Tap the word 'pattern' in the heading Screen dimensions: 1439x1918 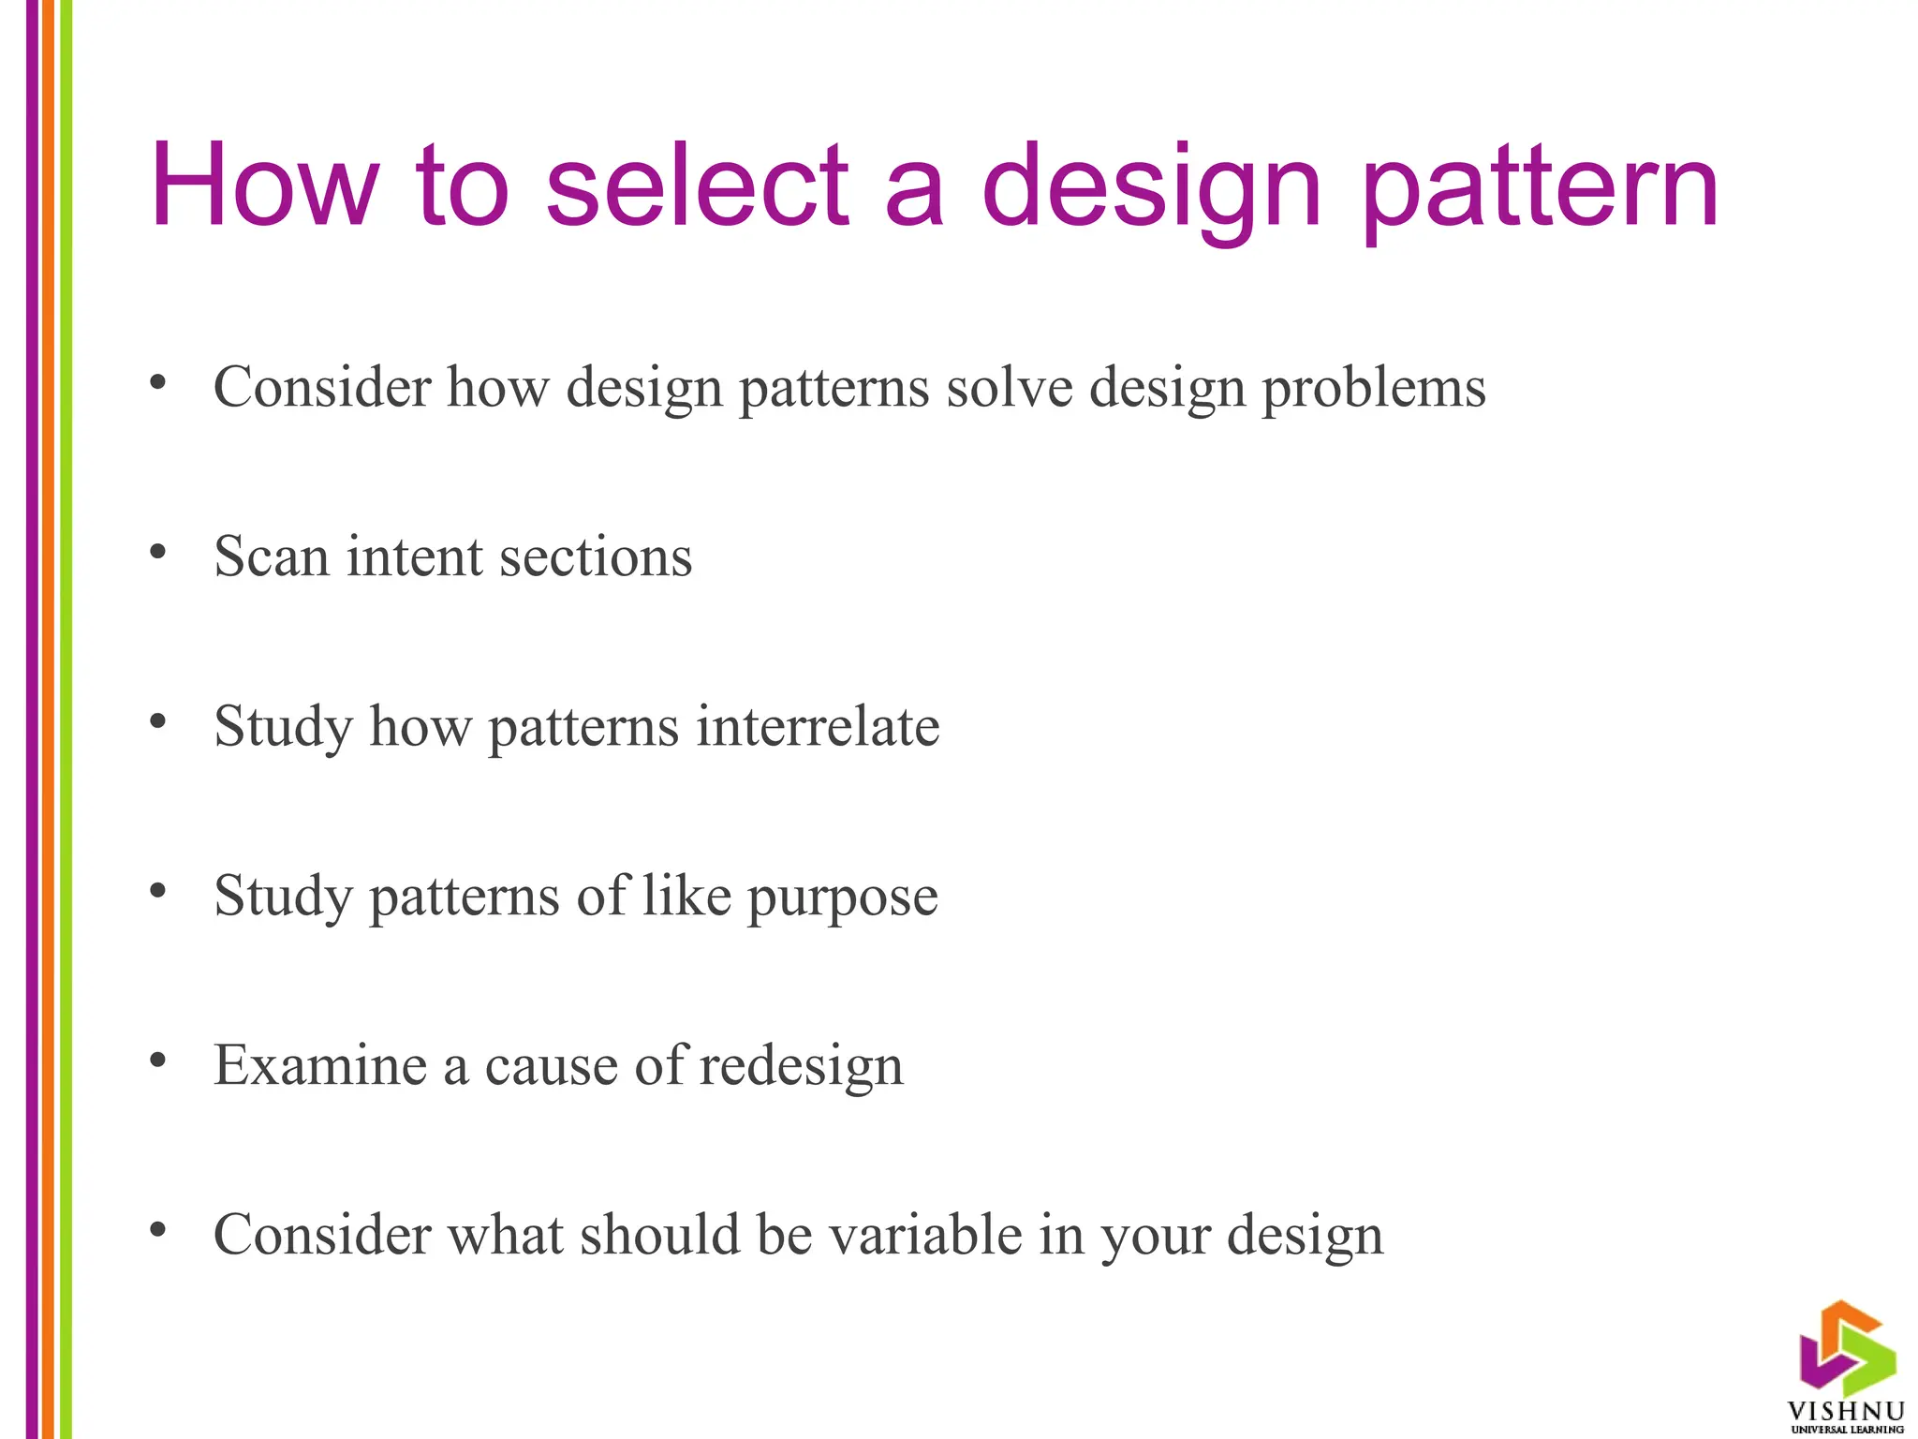click(x=1540, y=192)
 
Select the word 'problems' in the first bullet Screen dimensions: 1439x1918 click(x=1374, y=388)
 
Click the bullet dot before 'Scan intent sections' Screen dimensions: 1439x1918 click(x=158, y=552)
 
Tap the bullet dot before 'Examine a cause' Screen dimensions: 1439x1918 click(x=158, y=1060)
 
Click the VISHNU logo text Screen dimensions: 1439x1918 click(x=1846, y=1412)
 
